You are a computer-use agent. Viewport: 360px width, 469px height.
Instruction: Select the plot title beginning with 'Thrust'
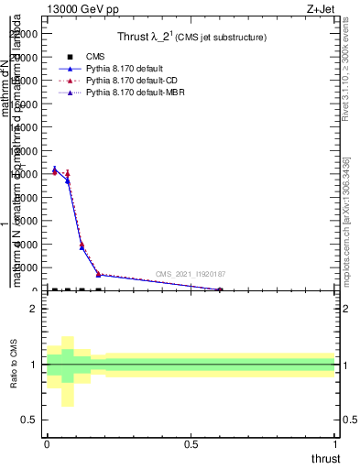click(x=191, y=38)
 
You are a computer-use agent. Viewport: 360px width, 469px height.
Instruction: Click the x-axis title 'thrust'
click(x=324, y=459)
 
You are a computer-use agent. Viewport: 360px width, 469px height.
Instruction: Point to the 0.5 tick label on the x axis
click(x=191, y=443)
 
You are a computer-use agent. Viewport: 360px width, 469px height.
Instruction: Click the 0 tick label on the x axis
click(x=47, y=443)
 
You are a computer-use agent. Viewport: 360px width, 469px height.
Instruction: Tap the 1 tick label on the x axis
click(x=334, y=443)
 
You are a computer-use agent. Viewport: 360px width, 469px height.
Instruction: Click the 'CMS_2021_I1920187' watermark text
click(x=191, y=274)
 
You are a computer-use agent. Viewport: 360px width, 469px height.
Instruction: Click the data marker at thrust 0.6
click(x=220, y=289)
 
